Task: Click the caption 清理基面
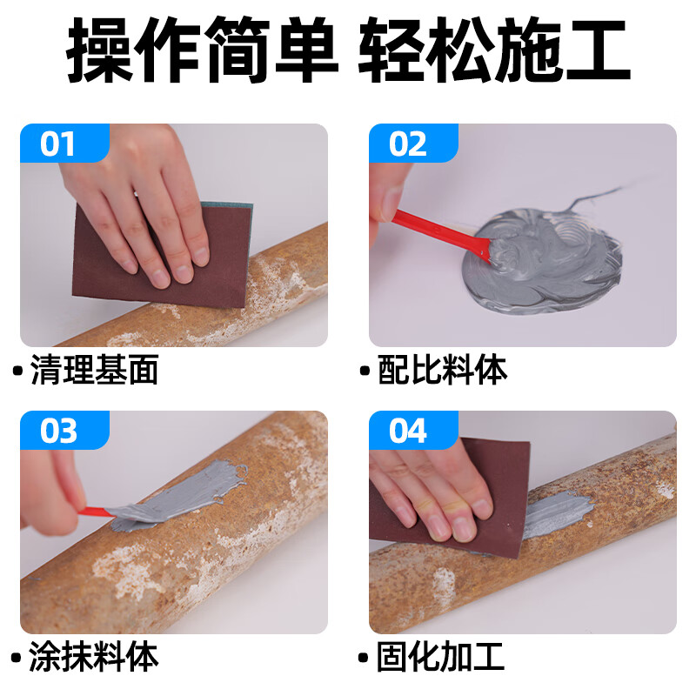coord(94,371)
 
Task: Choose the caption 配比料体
coord(443,371)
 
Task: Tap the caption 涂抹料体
coord(94,657)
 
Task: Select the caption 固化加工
coord(443,657)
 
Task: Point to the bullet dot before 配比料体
coord(365,371)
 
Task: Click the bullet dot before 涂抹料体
coord(17,658)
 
